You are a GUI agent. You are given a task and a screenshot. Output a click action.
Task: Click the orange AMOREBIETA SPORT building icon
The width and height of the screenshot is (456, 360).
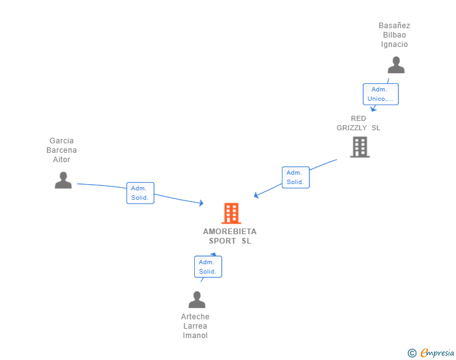click(231, 213)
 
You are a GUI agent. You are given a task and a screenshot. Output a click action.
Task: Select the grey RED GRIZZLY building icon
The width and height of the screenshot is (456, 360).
click(360, 147)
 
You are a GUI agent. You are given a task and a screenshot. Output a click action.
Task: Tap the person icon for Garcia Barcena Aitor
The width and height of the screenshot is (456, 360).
click(63, 180)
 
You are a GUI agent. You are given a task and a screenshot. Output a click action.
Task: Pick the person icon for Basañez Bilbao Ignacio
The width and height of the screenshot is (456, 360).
click(396, 65)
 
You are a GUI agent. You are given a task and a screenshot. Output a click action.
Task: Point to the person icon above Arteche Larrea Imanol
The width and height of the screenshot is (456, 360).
click(197, 299)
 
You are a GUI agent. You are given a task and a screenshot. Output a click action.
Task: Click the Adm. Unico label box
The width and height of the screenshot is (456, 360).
click(381, 94)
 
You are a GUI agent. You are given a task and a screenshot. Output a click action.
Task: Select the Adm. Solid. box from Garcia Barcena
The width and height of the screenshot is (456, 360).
click(140, 193)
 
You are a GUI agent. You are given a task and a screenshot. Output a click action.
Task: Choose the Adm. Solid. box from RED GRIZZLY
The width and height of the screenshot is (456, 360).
click(296, 177)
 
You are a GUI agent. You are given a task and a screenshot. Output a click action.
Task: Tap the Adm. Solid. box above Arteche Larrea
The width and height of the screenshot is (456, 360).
click(208, 267)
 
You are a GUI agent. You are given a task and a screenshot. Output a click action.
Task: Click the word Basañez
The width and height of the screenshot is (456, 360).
click(395, 26)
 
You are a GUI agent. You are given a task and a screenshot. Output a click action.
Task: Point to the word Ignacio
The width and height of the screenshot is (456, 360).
click(395, 44)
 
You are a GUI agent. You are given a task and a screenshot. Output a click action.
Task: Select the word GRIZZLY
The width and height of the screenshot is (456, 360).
click(351, 128)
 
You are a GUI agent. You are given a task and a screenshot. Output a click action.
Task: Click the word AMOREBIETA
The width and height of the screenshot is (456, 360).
click(230, 232)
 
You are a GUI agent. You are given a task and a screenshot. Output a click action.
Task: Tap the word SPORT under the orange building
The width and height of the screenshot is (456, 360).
click(222, 241)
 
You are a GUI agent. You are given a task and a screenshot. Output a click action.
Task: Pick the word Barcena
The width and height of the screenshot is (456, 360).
click(61, 150)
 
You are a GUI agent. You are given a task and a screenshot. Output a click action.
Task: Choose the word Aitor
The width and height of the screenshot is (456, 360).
click(61, 160)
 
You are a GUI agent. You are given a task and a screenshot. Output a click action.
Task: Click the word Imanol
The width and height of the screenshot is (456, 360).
click(195, 336)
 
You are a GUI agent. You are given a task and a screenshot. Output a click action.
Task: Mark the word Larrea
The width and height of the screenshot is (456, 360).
click(195, 326)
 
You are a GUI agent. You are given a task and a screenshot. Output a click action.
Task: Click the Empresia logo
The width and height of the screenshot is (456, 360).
click(431, 352)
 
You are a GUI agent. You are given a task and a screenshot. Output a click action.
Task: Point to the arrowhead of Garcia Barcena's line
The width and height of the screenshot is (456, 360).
click(201, 203)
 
